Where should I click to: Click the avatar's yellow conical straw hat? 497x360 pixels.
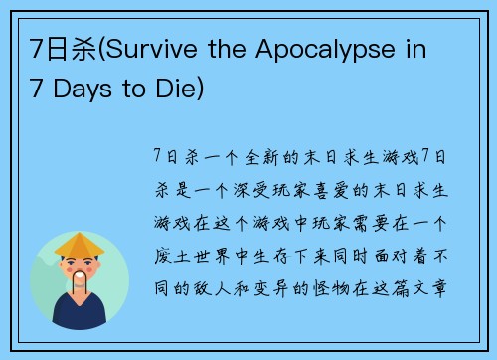(79, 245)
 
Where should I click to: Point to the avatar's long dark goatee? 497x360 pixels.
(79, 288)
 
